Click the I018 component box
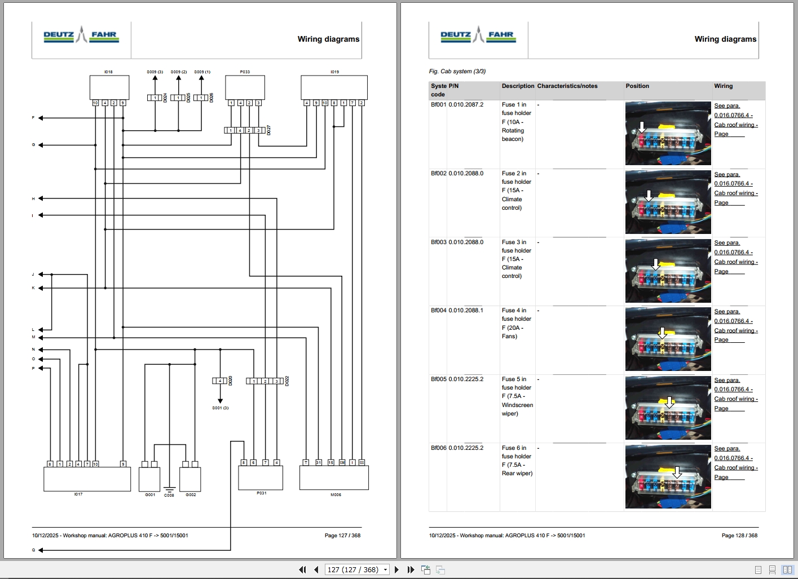[x=109, y=87]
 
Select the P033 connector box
[x=245, y=87]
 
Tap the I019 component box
[x=334, y=87]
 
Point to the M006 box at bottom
[x=334, y=478]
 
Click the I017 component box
[x=87, y=479]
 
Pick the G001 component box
[x=149, y=479]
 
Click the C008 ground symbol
[x=169, y=489]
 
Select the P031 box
[x=261, y=478]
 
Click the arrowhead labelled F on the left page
[x=41, y=118]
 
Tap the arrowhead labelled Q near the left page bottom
[x=41, y=550]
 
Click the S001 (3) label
[x=220, y=408]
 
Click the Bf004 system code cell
[x=438, y=310]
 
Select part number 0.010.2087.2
[x=466, y=104]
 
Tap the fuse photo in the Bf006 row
[x=668, y=476]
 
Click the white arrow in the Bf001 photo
[x=641, y=127]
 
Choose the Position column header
[x=637, y=86]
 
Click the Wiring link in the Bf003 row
[x=735, y=257]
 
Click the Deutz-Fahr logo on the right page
[x=478, y=35]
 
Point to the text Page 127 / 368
[x=342, y=535]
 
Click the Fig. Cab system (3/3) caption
[x=457, y=71]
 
